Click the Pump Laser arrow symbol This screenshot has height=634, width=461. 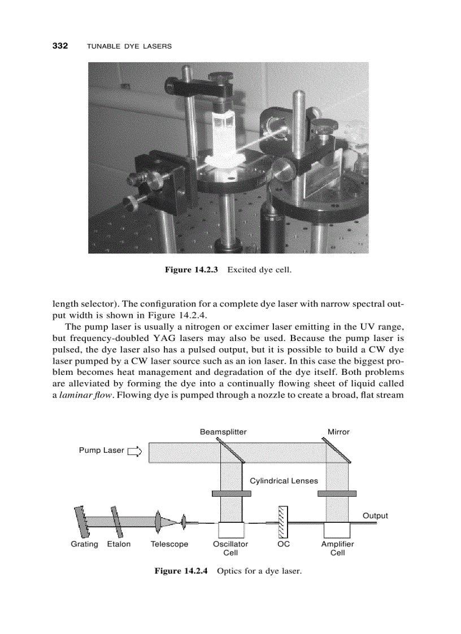pos(134,451)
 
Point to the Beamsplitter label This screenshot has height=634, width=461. pos(223,432)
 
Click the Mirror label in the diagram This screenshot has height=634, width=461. pos(338,432)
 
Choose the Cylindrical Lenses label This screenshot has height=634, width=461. pos(284,481)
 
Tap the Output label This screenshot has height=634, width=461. pos(375,515)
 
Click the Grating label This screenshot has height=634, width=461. pos(84,544)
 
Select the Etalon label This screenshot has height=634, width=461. pos(119,544)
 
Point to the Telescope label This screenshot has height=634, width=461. pos(169,544)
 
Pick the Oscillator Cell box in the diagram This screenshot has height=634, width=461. pos(230,530)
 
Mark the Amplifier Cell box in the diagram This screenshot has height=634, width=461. pos(337,530)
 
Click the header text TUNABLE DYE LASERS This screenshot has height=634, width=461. pos(129,46)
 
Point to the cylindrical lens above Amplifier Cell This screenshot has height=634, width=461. pos(337,493)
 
